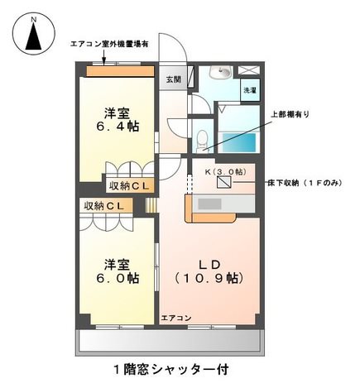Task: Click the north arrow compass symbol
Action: pyautogui.click(x=34, y=34)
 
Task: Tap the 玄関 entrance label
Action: pyautogui.click(x=174, y=79)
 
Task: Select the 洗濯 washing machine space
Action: pyautogui.click(x=250, y=90)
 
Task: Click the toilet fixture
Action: pyautogui.click(x=203, y=141)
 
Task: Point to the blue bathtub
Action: pyautogui.click(x=239, y=142)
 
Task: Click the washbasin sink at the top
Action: pyautogui.click(x=220, y=72)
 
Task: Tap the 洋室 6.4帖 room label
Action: pyautogui.click(x=118, y=120)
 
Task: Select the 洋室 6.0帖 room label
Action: pyautogui.click(x=118, y=271)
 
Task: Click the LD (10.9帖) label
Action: pyautogui.click(x=209, y=271)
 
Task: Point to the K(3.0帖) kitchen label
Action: pyautogui.click(x=225, y=172)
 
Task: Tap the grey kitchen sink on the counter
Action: pyautogui.click(x=209, y=204)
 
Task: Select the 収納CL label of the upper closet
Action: pyautogui.click(x=129, y=186)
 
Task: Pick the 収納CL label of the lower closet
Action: pyautogui.click(x=104, y=206)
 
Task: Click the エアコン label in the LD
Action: pyautogui.click(x=175, y=318)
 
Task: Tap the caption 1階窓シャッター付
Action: pyautogui.click(x=171, y=369)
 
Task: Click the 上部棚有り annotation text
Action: pyautogui.click(x=290, y=114)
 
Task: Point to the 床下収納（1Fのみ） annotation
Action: pyautogui.click(x=305, y=183)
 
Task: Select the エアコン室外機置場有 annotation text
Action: pyautogui.click(x=109, y=44)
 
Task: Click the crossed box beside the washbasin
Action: pyautogui.click(x=248, y=70)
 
